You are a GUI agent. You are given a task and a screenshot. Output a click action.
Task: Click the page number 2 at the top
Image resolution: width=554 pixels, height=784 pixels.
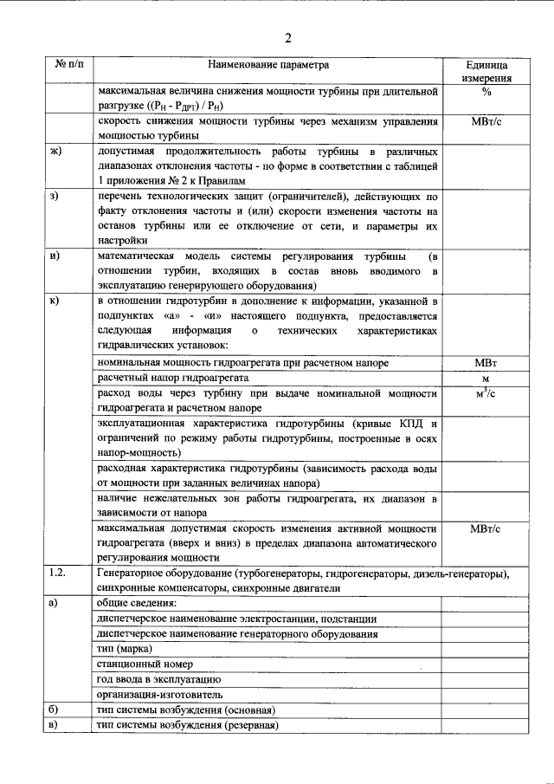(287, 36)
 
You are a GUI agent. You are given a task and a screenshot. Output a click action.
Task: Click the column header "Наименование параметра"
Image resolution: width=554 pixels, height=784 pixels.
(268, 65)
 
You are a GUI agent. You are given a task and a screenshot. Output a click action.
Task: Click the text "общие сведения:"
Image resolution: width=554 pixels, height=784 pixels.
(137, 603)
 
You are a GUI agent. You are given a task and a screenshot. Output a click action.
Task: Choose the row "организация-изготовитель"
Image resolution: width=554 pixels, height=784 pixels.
(160, 694)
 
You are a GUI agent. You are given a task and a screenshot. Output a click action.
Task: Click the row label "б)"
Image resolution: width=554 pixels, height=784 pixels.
(54, 709)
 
